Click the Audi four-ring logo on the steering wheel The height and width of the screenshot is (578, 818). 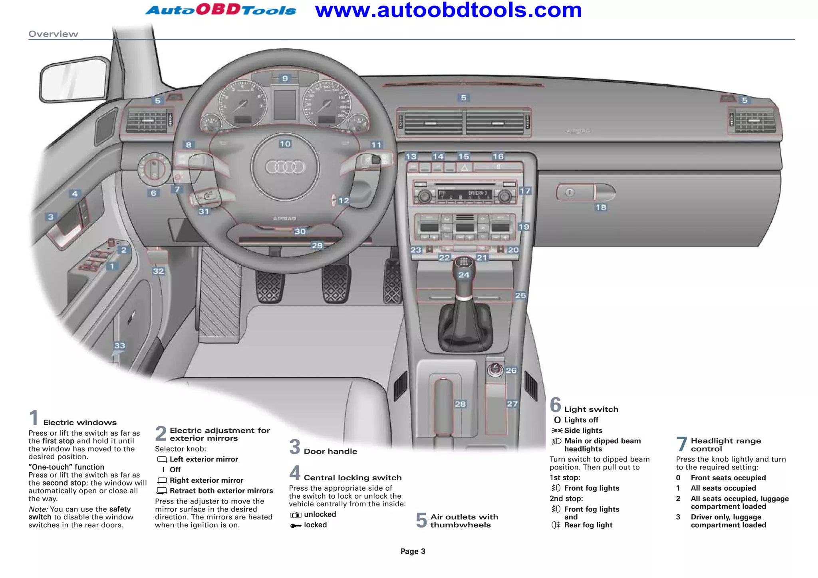point(285,167)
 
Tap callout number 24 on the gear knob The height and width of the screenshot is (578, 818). point(464,275)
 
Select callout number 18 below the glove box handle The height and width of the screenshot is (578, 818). point(601,207)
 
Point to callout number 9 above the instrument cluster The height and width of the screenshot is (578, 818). point(285,78)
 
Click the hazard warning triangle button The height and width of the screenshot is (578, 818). point(465,168)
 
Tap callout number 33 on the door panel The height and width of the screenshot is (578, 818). point(119,345)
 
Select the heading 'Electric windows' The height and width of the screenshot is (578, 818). point(80,422)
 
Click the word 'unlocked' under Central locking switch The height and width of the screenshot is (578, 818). point(320,515)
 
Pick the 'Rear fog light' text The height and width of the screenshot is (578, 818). point(588,525)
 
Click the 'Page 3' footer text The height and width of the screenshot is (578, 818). point(413,551)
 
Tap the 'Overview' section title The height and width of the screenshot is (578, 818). point(53,34)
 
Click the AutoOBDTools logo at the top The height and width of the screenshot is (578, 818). point(220,10)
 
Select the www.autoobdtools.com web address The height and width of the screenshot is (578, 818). point(448,10)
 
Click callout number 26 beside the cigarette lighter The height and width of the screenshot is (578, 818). point(511,370)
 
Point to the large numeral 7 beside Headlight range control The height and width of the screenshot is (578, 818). point(681,444)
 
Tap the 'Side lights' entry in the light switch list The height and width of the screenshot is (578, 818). point(583,430)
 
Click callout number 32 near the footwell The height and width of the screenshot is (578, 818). point(158,271)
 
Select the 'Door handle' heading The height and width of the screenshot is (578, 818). point(330,451)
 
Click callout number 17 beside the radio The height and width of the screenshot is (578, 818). point(525,191)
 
